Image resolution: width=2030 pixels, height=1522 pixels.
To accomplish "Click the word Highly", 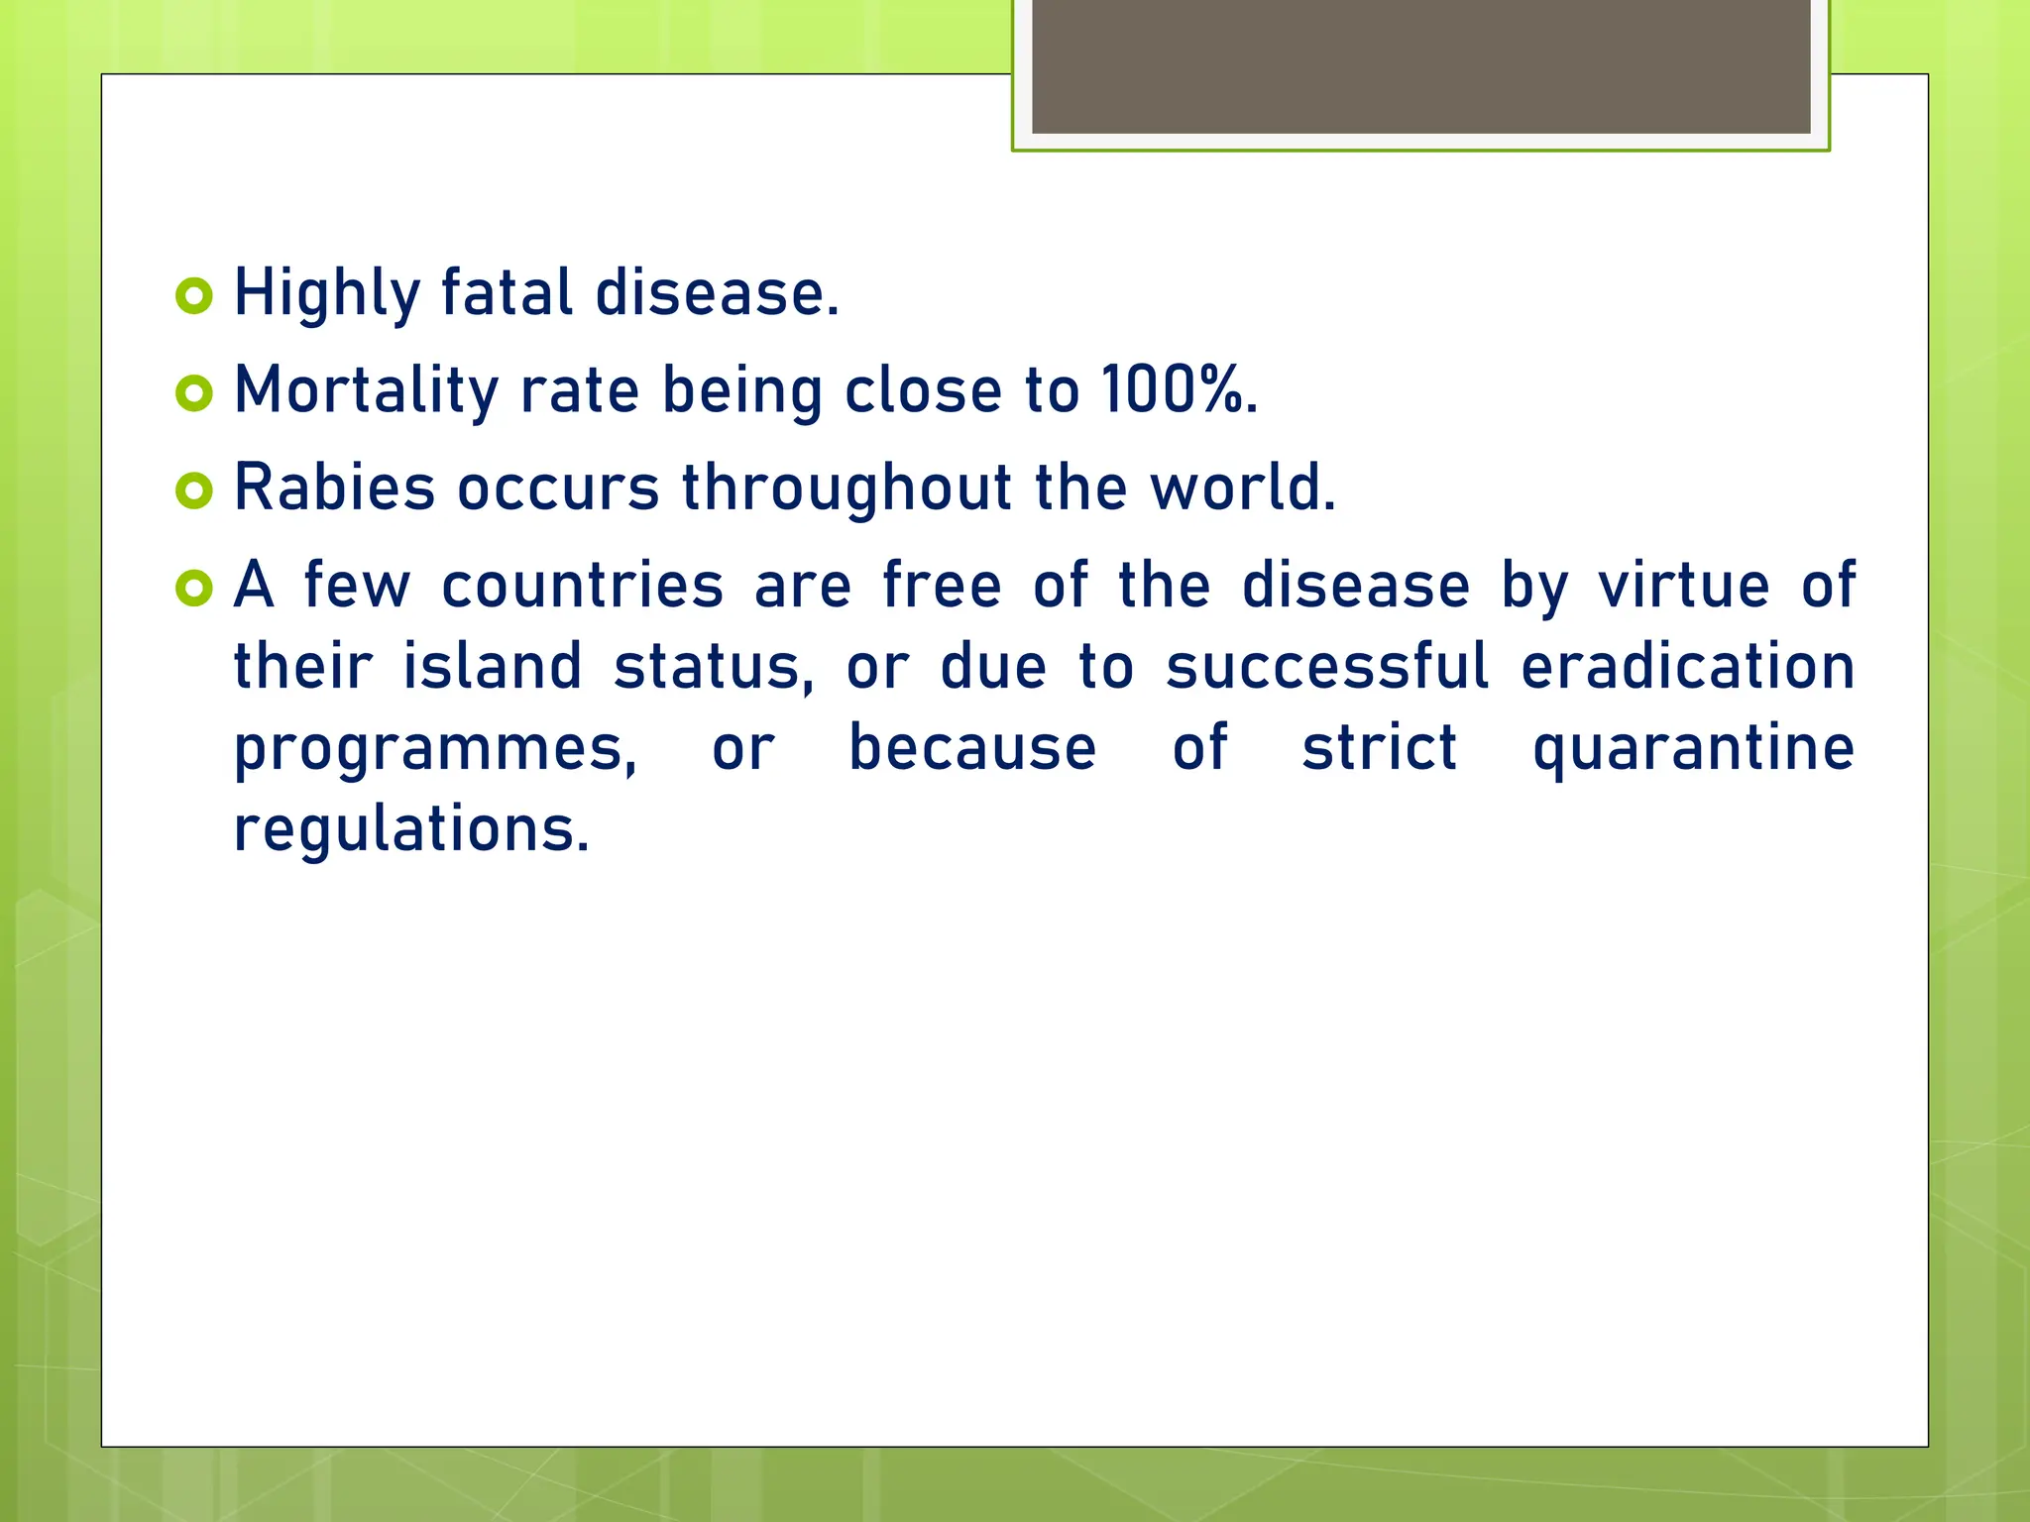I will tap(327, 294).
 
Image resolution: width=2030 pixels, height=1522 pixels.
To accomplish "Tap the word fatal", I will tap(507, 293).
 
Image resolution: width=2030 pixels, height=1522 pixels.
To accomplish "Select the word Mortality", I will tap(366, 390).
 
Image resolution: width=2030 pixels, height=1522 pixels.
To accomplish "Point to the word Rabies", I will tap(334, 488).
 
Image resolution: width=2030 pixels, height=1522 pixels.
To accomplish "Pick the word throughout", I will tap(846, 488).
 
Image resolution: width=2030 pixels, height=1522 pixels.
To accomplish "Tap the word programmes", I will tap(435, 749).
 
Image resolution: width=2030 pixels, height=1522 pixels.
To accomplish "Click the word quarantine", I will tap(1693, 749).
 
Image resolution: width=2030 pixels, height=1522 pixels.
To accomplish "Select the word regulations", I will tap(411, 829).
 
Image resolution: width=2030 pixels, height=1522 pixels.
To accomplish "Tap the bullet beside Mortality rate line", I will tap(194, 393).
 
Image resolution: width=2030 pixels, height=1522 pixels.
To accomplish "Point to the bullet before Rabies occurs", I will tap(194, 490).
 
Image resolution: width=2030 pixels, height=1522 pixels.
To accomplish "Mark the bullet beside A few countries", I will tap(194, 588).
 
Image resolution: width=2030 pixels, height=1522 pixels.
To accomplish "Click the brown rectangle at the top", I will tap(1420, 66).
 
